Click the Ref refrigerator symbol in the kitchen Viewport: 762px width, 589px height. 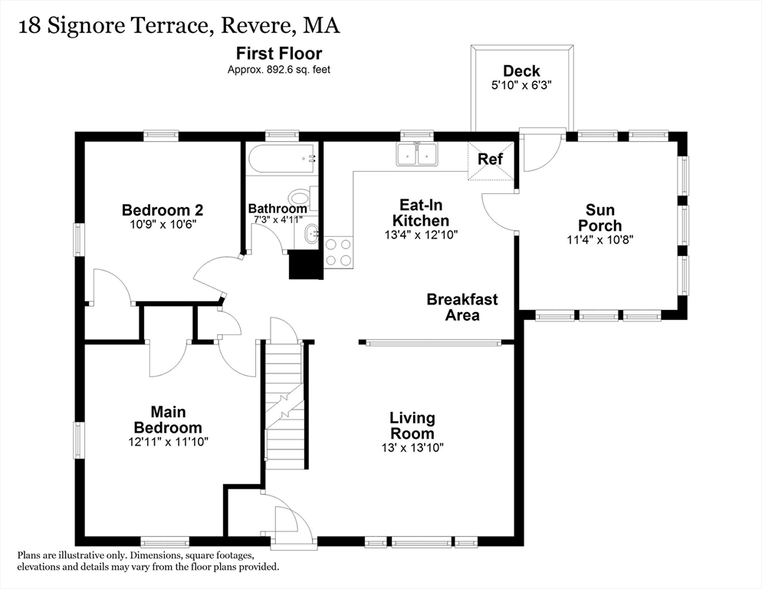491,160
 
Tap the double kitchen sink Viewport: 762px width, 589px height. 416,154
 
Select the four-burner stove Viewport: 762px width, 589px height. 338,252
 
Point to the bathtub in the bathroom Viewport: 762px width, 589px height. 283,158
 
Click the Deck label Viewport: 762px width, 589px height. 521,71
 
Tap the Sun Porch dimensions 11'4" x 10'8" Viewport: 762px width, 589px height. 600,240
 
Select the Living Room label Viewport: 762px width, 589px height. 412,426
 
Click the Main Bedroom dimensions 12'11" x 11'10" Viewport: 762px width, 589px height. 168,442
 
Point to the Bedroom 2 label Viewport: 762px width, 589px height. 163,210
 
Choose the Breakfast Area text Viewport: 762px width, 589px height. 462,307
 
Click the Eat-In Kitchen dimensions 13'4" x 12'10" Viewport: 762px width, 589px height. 421,235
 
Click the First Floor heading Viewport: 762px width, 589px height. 279,53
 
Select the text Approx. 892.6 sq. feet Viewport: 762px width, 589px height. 279,70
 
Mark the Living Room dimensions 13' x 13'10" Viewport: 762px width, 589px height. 412,447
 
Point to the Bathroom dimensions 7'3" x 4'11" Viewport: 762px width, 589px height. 278,219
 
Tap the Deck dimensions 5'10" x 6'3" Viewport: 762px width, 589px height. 521,85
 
